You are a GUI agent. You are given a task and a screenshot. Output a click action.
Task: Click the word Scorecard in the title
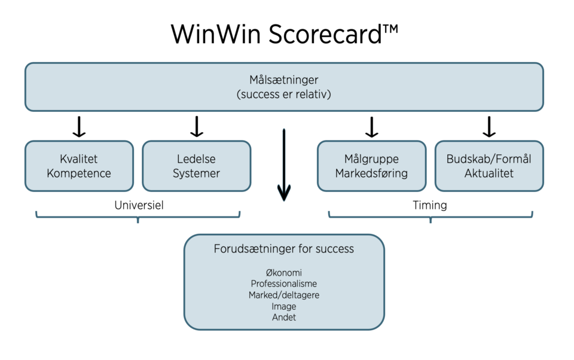click(x=325, y=34)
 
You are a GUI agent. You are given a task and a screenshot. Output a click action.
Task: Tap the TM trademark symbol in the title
click(x=390, y=29)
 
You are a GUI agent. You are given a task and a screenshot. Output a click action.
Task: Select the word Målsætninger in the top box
click(x=283, y=80)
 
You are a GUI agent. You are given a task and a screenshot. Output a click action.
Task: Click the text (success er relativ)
click(x=283, y=94)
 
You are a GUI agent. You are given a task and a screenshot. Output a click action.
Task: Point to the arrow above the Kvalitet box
click(x=79, y=127)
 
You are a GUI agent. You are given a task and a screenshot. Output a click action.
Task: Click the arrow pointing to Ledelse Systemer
click(x=197, y=127)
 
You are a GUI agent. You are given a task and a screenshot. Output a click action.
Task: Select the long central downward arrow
click(x=283, y=165)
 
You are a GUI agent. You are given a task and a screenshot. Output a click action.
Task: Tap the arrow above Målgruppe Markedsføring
click(x=371, y=127)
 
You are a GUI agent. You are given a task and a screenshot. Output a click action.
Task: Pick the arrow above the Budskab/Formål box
click(x=489, y=127)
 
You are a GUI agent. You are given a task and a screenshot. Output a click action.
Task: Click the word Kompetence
click(x=79, y=173)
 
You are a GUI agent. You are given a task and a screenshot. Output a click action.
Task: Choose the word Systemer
click(x=196, y=173)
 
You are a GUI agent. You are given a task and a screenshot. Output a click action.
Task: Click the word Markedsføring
click(x=371, y=173)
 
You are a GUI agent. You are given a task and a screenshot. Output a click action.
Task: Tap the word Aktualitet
click(x=489, y=173)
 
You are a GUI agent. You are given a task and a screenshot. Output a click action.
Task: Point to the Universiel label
click(x=139, y=205)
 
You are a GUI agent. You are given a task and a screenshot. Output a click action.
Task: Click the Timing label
click(x=430, y=206)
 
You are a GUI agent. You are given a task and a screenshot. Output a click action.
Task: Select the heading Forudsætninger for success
click(x=283, y=249)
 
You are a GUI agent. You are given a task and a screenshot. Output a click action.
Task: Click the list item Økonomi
click(x=283, y=273)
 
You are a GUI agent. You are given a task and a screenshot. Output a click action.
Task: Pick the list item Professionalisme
click(x=283, y=284)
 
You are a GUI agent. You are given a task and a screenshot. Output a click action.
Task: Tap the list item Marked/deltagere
click(x=283, y=295)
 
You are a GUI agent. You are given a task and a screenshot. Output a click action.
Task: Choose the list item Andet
click(x=283, y=318)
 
